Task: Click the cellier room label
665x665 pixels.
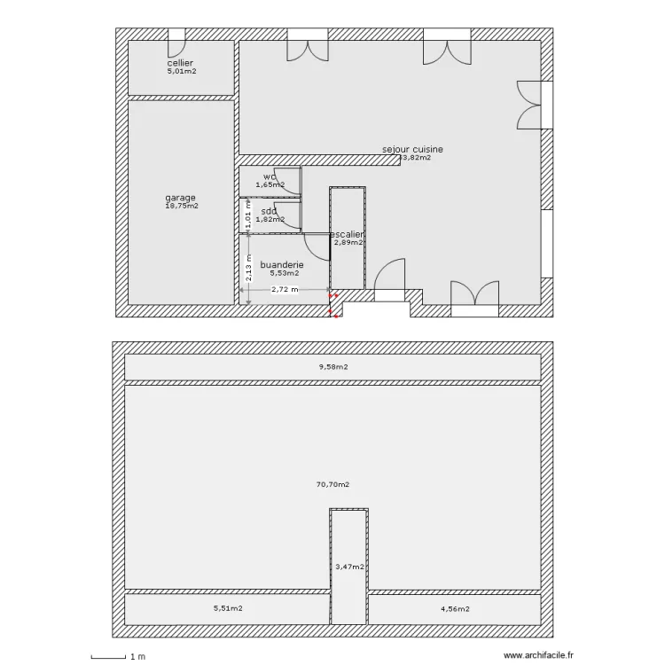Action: (x=181, y=63)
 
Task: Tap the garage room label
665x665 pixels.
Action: (x=181, y=198)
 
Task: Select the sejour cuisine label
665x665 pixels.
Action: (x=412, y=150)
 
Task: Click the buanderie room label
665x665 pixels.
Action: (x=282, y=264)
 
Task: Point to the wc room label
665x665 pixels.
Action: (x=270, y=176)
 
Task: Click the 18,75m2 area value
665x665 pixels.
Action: (x=181, y=206)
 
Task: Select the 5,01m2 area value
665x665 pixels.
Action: (x=181, y=71)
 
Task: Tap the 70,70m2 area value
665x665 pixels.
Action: (x=332, y=485)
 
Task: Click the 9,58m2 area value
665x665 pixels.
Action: (x=332, y=366)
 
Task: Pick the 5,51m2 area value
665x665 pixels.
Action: (x=228, y=609)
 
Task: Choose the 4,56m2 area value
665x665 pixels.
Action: (x=455, y=609)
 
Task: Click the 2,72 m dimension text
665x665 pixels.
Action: (x=285, y=289)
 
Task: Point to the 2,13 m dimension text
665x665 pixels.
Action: (x=250, y=266)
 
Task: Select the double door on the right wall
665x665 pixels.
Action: (x=529, y=106)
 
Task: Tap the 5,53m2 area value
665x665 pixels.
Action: (x=285, y=273)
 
